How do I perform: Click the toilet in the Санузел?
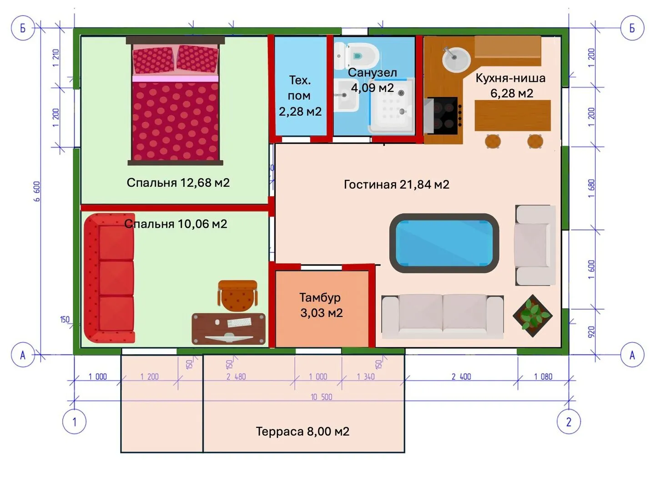pyautogui.click(x=357, y=55)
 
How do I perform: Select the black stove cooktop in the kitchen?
pyautogui.click(x=444, y=115)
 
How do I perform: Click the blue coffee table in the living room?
pyautogui.click(x=444, y=243)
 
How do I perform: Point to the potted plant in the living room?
pyautogui.click(x=532, y=316)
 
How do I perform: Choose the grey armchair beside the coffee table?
pyautogui.click(x=535, y=245)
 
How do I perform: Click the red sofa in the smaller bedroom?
pyautogui.click(x=109, y=278)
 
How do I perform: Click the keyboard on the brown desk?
pyautogui.click(x=239, y=322)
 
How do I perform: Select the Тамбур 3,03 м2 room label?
pyautogui.click(x=321, y=305)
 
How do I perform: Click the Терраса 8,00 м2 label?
pyautogui.click(x=302, y=431)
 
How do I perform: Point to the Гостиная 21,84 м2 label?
pyautogui.click(x=396, y=185)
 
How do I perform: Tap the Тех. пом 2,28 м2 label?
pyautogui.click(x=300, y=95)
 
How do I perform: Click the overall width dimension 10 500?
pyautogui.click(x=322, y=397)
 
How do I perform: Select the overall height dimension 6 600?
pyautogui.click(x=37, y=191)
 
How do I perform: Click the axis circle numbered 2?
pyautogui.click(x=569, y=422)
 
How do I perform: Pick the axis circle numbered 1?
pyautogui.click(x=74, y=422)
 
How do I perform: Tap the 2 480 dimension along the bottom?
pyautogui.click(x=236, y=377)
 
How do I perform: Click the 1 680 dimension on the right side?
pyautogui.click(x=591, y=188)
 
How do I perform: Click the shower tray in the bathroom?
pyautogui.click(x=392, y=105)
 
